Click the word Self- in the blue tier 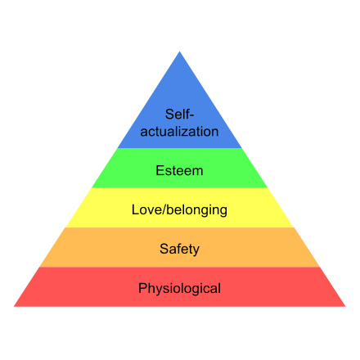179,114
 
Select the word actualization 179,132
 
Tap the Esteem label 179,171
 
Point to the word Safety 179,250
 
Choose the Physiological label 179,289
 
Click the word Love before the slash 147,210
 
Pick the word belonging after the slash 197,210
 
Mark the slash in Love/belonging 164,210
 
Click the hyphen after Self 191,116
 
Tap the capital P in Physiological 143,288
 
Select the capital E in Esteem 160,171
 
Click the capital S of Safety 164,249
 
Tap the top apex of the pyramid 179,52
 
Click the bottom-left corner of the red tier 14,307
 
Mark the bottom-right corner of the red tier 345,307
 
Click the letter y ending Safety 196,251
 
